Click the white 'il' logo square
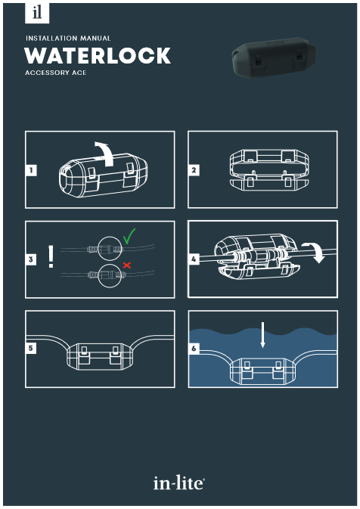pos(37,13)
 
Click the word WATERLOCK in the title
pos(98,55)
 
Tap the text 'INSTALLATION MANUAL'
pos(68,39)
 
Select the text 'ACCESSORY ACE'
pos(55,73)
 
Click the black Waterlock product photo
pos(274,57)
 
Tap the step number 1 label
pos(31,170)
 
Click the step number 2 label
pos(194,170)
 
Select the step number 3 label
pos(31,259)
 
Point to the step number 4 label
pos(194,259)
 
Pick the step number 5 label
pos(31,349)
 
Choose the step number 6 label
pos(194,349)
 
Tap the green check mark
pos(129,236)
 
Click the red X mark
pos(127,265)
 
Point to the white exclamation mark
pos(51,256)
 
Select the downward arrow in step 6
pos(262,335)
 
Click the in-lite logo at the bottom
pos(178,483)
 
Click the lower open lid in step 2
pos(269,184)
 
